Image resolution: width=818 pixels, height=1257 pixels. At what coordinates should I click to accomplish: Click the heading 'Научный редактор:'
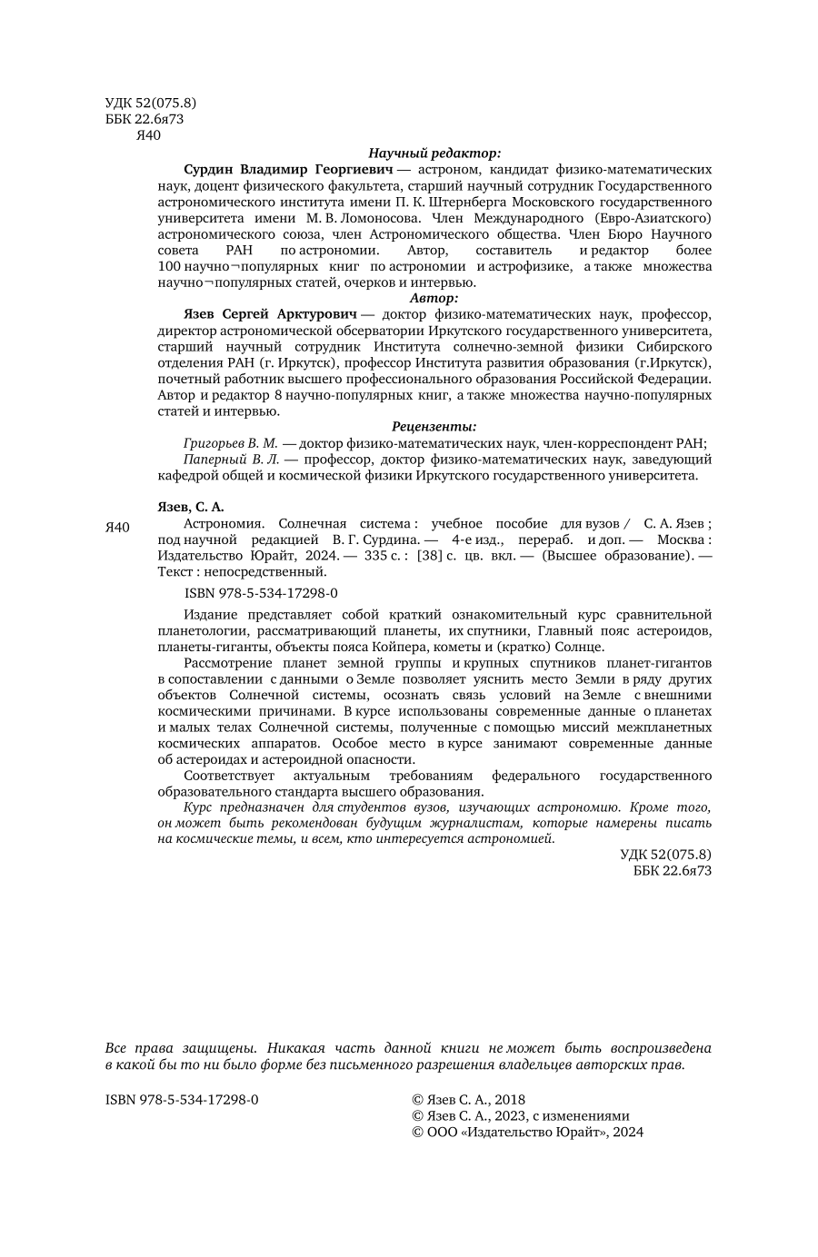click(434, 153)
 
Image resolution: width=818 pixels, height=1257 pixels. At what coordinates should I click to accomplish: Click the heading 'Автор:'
click(434, 297)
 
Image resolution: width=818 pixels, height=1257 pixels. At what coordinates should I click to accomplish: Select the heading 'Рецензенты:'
click(434, 426)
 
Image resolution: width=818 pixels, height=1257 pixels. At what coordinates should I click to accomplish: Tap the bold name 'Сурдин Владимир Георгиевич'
click(287, 170)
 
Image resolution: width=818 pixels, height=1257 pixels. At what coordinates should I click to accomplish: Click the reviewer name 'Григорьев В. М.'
click(230, 443)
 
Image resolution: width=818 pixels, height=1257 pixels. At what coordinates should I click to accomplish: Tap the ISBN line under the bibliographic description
click(260, 592)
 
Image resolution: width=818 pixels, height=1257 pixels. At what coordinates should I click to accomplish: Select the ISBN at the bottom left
click(182, 1099)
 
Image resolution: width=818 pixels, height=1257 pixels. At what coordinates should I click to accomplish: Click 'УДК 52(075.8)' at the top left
click(151, 103)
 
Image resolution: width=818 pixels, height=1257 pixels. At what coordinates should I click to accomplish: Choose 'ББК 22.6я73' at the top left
click(145, 119)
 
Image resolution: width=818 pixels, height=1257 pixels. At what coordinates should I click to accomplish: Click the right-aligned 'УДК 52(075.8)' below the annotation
click(665, 854)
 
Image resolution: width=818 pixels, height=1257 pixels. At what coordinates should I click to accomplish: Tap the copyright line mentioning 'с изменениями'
click(520, 1115)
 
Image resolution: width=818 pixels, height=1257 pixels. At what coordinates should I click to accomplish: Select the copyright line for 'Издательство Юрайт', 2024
click(527, 1132)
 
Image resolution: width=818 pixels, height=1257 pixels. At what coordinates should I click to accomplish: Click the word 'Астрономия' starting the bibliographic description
click(224, 523)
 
